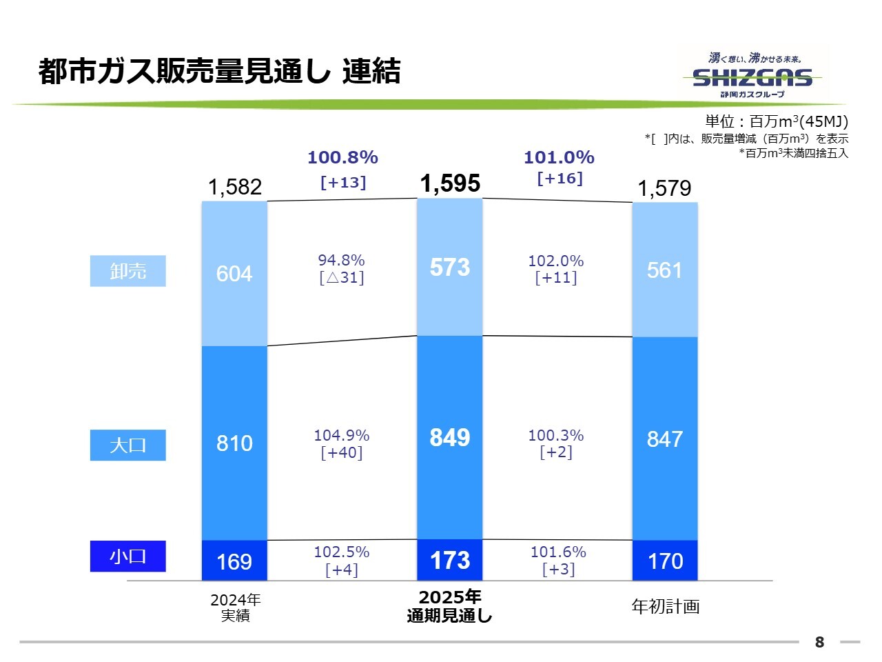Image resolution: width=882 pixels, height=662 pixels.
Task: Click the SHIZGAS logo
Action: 752,77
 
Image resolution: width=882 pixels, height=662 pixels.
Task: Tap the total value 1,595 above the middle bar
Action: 450,183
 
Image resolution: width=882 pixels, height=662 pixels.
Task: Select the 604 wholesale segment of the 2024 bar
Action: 234,274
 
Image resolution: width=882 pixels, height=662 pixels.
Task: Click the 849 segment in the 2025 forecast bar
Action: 450,437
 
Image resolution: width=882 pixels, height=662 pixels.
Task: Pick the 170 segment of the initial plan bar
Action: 665,561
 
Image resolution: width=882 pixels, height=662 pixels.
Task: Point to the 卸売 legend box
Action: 128,271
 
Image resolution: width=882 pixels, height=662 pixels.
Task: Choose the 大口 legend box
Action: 128,445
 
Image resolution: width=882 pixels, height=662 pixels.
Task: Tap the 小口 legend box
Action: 128,556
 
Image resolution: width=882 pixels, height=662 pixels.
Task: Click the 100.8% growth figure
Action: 342,157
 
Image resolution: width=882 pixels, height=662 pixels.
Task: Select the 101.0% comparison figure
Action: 559,157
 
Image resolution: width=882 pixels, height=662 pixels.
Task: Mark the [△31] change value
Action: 342,278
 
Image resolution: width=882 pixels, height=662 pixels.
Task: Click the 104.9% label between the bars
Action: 342,436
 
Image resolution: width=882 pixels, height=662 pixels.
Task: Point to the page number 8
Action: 819,642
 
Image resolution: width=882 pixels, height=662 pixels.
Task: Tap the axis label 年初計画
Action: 666,606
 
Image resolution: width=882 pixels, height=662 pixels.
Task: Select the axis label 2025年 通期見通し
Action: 450,606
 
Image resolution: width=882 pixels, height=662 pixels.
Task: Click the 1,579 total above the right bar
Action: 664,188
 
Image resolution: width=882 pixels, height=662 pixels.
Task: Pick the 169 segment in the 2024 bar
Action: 234,561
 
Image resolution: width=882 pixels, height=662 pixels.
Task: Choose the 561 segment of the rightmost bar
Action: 665,270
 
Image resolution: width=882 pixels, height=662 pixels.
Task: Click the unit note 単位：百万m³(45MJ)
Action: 777,122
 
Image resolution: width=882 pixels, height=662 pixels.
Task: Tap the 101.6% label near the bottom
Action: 558,552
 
